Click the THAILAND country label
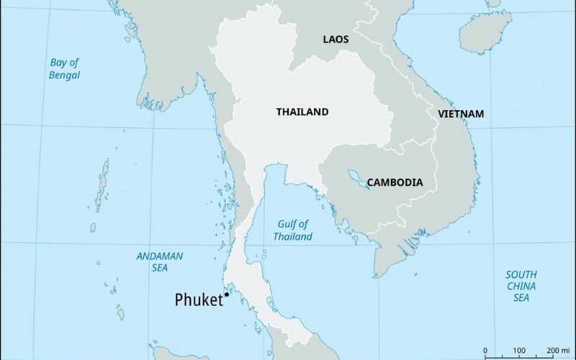point(302,112)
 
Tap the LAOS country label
point(336,40)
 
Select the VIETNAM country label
point(461,114)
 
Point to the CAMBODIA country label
point(395,182)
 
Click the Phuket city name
point(199,300)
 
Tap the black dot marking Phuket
point(227,294)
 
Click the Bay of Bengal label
point(65,68)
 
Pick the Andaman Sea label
point(160,261)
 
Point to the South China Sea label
point(521,286)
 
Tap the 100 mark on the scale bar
point(517,351)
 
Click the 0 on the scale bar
point(485,351)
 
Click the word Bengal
point(65,75)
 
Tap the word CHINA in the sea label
point(521,286)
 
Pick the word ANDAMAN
point(160,256)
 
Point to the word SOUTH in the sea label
point(521,274)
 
